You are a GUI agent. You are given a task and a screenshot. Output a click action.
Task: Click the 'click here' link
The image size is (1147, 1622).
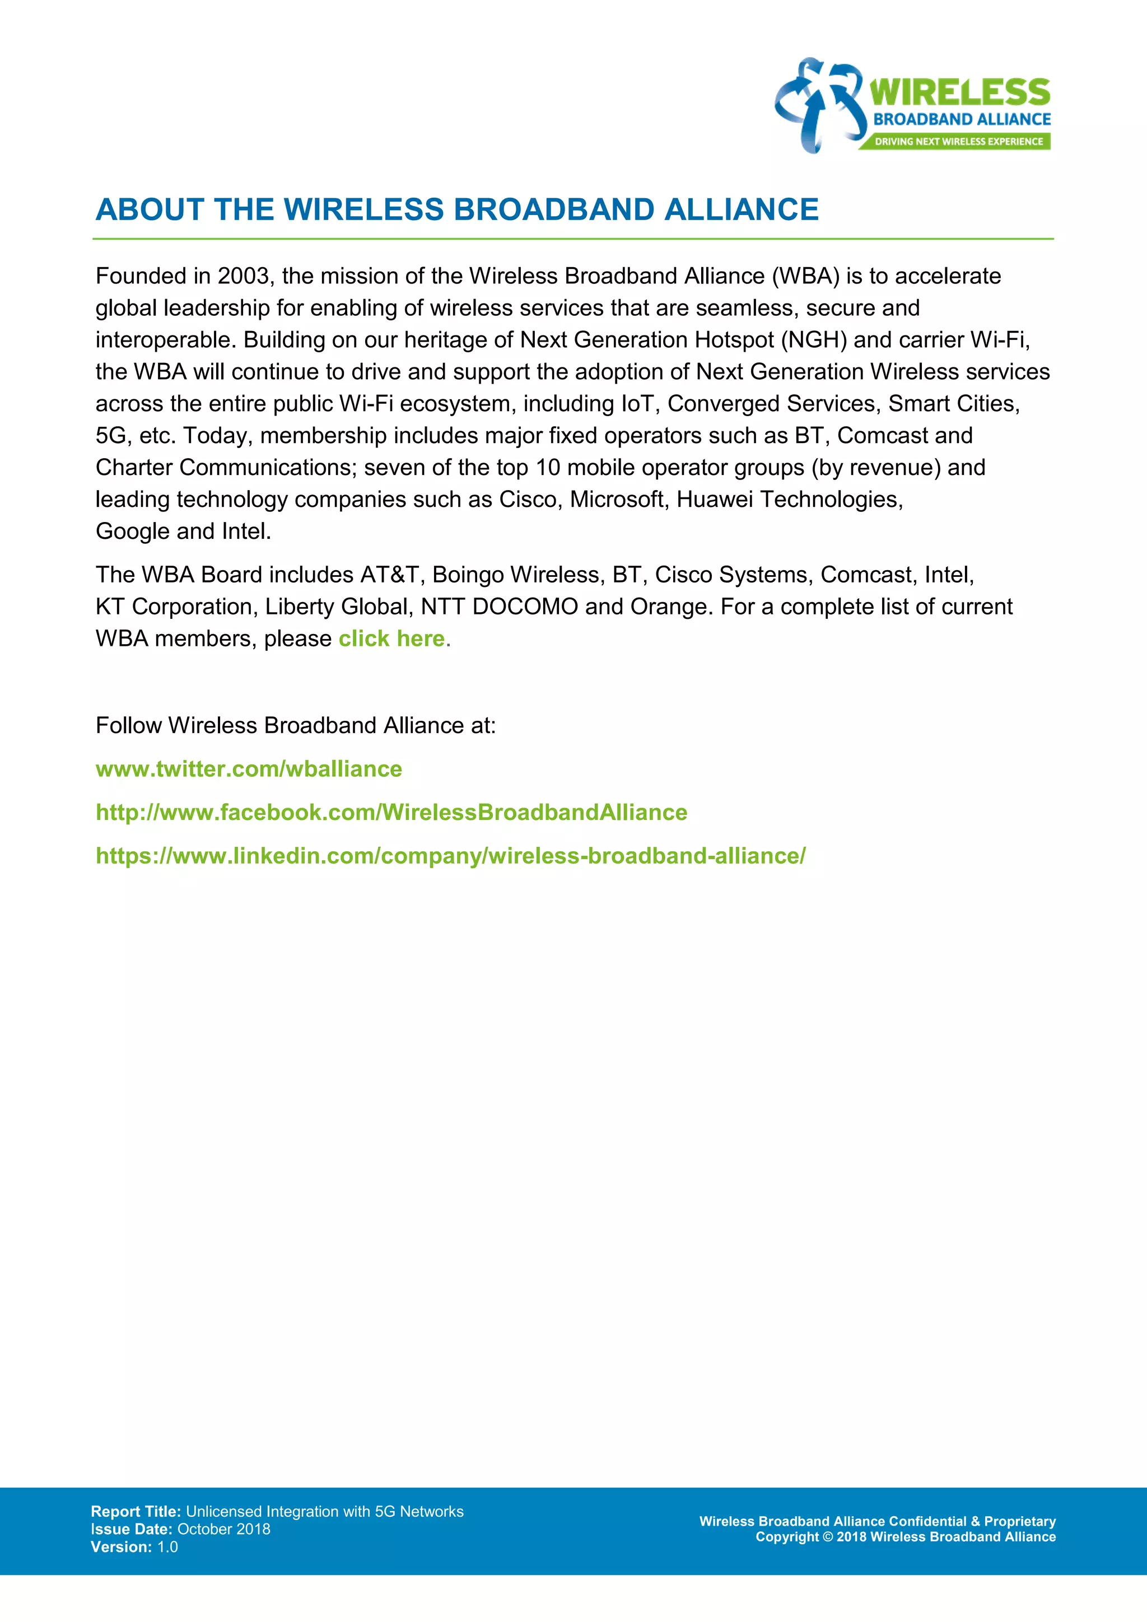coord(392,638)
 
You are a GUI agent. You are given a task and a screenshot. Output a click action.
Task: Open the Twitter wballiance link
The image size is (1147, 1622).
coord(249,768)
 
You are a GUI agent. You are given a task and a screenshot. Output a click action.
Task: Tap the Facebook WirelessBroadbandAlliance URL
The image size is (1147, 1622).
coord(391,813)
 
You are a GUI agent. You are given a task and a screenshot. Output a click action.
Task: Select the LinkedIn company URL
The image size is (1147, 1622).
coord(451,856)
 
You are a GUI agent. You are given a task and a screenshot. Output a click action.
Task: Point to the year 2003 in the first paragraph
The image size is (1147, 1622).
coord(243,276)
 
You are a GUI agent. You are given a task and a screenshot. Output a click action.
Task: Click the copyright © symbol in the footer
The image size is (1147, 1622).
coord(828,1537)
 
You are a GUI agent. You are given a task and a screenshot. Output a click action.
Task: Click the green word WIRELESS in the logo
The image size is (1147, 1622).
coord(959,92)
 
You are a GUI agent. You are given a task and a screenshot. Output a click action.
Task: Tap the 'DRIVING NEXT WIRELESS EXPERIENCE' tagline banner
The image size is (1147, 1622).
coord(958,141)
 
